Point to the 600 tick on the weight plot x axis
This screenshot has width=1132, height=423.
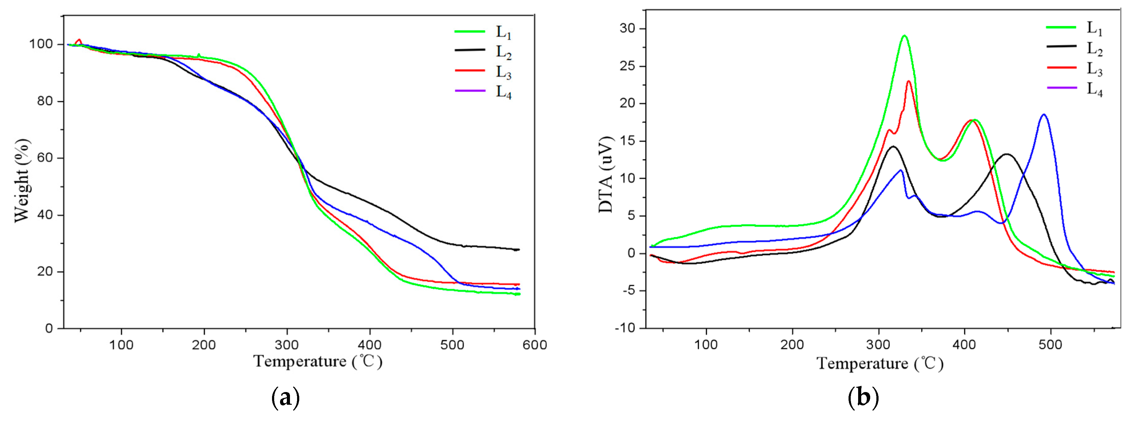coord(535,345)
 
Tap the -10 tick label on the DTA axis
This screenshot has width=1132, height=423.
coord(624,328)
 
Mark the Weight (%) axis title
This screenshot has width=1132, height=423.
coord(22,180)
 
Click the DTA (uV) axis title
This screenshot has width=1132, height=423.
coord(606,175)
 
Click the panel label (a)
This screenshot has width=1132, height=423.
coord(286,398)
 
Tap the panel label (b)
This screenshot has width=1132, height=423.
coord(863,398)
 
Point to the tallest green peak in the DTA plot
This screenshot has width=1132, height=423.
coord(904,36)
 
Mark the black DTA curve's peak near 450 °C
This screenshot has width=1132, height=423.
coord(1006,154)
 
